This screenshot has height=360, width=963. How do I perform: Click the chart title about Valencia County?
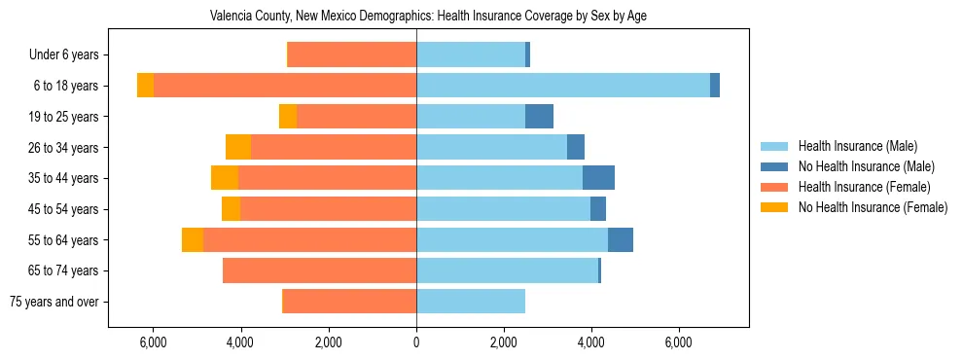pyautogui.click(x=428, y=16)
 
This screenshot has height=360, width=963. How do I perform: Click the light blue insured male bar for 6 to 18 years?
pyautogui.click(x=563, y=86)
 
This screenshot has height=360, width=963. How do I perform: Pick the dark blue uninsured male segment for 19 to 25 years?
pyautogui.click(x=539, y=117)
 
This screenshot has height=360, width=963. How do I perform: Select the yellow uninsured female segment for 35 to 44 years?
pyautogui.click(x=225, y=178)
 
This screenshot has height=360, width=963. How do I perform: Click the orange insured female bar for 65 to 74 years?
pyautogui.click(x=319, y=270)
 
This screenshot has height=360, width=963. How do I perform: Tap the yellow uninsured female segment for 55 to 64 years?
pyautogui.click(x=193, y=239)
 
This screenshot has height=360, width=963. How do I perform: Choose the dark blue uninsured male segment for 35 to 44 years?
pyautogui.click(x=598, y=178)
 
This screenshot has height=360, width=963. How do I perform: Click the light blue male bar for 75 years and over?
pyautogui.click(x=471, y=302)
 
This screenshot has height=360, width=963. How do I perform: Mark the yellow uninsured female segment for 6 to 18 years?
pyautogui.click(x=145, y=86)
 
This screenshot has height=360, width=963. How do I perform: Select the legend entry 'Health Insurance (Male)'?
pyautogui.click(x=857, y=146)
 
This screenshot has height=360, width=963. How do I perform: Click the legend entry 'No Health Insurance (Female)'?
pyautogui.click(x=873, y=207)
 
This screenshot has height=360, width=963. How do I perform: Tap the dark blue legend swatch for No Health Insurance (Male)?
pyautogui.click(x=774, y=166)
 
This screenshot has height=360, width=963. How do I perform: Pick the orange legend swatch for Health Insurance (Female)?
pyautogui.click(x=774, y=187)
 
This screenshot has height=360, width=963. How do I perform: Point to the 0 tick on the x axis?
pyautogui.click(x=416, y=342)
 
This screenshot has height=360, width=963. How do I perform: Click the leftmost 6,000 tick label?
pyautogui.click(x=154, y=342)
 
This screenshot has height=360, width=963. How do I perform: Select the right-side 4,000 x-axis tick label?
pyautogui.click(x=590, y=342)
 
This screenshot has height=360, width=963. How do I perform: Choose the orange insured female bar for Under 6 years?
pyautogui.click(x=352, y=55)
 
